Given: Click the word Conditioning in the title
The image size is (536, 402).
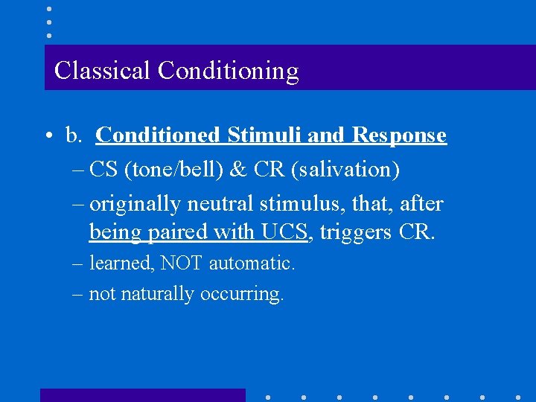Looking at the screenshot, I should [x=228, y=71].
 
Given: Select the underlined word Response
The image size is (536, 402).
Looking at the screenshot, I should [x=399, y=135].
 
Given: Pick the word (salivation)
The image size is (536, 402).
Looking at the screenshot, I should [x=346, y=170].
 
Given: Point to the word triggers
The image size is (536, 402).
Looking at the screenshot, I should [x=356, y=233].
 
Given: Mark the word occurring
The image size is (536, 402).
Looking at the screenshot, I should [x=242, y=294].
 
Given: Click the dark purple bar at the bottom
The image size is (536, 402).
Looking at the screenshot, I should [x=142, y=395].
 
